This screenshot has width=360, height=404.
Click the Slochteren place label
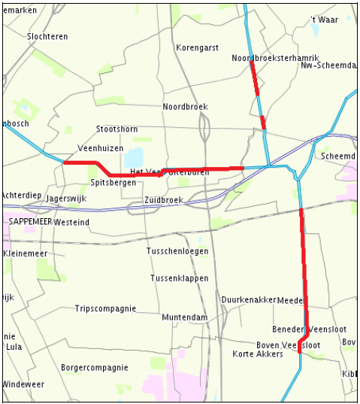(x=47, y=36)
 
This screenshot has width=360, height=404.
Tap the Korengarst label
(x=197, y=47)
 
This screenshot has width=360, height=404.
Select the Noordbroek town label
(x=185, y=107)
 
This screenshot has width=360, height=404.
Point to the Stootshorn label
(x=116, y=129)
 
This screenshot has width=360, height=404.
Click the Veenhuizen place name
(x=100, y=148)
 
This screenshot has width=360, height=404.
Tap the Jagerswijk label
(x=67, y=199)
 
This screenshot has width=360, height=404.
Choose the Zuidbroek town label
(x=163, y=200)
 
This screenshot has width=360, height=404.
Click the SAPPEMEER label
(x=30, y=223)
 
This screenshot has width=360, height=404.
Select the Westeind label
(x=72, y=223)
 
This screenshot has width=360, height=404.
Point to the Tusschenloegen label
(x=177, y=251)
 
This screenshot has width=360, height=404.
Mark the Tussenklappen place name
(x=179, y=278)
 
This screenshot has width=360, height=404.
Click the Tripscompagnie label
(x=105, y=308)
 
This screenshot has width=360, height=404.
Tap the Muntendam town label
(x=184, y=317)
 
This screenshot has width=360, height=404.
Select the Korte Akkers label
(x=258, y=354)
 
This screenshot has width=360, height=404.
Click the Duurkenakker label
(x=249, y=299)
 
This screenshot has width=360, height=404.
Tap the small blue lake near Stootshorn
(x=134, y=158)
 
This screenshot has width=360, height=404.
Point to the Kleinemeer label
(x=26, y=254)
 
